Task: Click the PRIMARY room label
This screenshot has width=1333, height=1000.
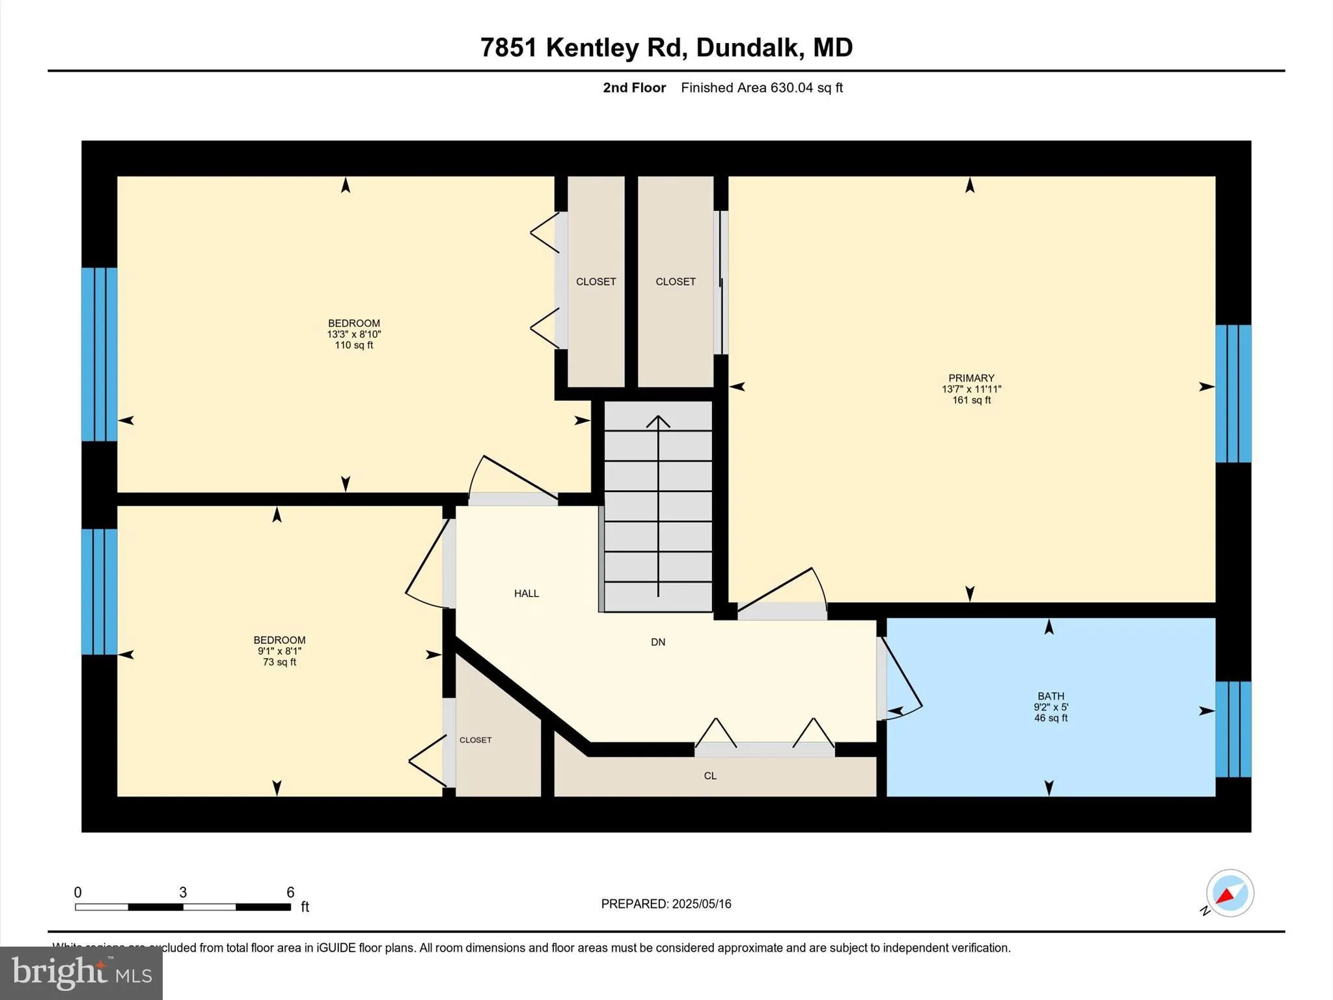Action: point(971,378)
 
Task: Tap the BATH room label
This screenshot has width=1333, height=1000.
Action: point(1051,696)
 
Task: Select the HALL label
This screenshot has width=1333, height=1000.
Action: point(527,593)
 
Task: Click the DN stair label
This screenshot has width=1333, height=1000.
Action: point(658,642)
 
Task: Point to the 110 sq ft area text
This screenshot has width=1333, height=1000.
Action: point(354,345)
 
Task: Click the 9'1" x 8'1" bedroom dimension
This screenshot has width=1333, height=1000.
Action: point(279,651)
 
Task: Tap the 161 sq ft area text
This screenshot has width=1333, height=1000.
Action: point(971,400)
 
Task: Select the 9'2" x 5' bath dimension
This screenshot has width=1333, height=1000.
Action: point(1051,707)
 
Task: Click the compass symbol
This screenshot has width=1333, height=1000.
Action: point(1230,893)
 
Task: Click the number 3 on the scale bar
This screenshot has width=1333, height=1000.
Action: point(183,893)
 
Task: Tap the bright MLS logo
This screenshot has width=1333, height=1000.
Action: point(81,973)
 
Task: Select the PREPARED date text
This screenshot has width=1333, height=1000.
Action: point(666,904)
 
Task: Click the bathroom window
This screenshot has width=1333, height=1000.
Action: point(1233,729)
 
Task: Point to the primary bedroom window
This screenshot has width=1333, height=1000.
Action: point(1233,393)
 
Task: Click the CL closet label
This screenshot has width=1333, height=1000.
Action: point(710,776)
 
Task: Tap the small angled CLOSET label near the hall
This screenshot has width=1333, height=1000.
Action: point(476,740)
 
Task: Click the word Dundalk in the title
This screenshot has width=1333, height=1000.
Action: point(747,48)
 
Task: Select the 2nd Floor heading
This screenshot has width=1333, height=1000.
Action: point(634,88)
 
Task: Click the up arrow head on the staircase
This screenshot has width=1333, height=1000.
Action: point(658,421)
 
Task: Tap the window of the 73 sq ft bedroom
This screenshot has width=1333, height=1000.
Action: point(99,591)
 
